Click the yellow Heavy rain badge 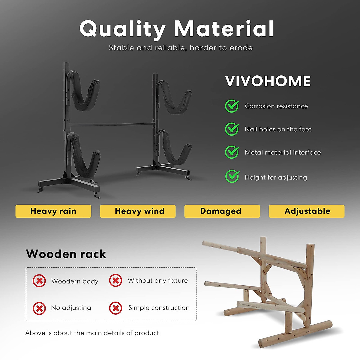53,211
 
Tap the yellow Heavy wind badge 138,211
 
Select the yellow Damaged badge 222,211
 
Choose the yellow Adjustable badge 307,211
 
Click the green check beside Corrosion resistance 232,106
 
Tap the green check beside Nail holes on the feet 232,129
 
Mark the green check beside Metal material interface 232,152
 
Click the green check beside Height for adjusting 232,177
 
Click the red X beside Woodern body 39,281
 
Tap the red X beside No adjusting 39,308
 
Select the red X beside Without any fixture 115,280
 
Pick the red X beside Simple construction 115,308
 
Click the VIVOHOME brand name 268,81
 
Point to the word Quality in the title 122,29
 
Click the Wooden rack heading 66,254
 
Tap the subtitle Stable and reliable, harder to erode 181,48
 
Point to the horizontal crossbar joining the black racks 112,124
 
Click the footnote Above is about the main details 92,333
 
